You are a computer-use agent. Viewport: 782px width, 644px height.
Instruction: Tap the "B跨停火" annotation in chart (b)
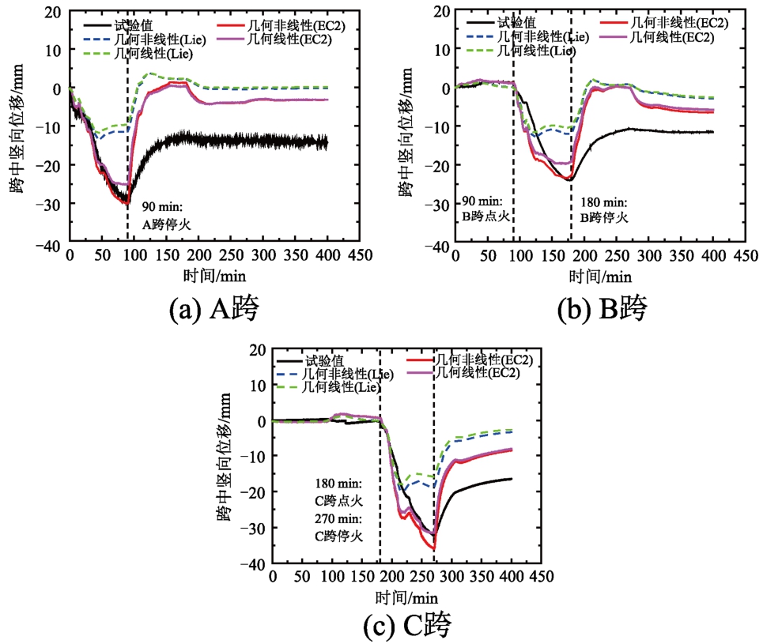(x=604, y=217)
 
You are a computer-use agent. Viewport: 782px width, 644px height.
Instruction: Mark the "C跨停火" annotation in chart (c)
(x=337, y=535)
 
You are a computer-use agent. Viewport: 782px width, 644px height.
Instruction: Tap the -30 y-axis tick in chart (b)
(x=436, y=205)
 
